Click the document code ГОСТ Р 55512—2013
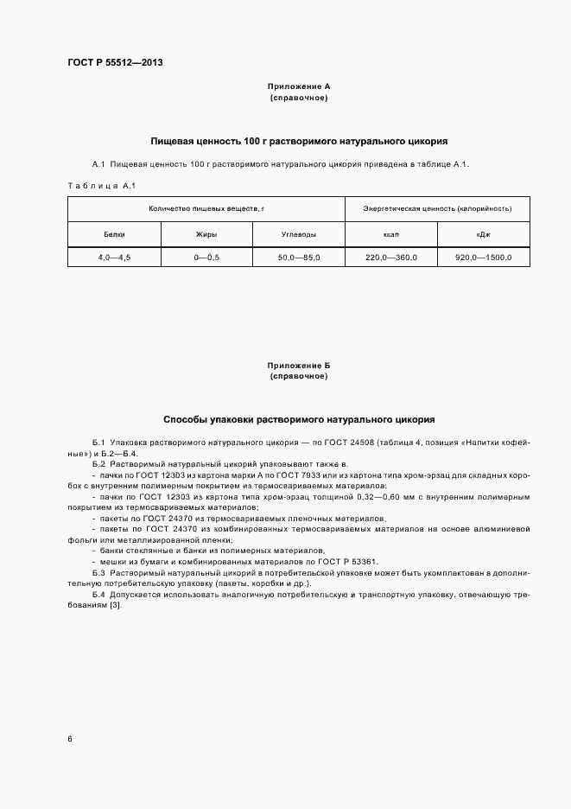pos(115,63)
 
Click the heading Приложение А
pos(299,87)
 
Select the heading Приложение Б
pos(299,366)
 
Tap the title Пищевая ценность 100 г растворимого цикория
pos(299,140)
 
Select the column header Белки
pos(114,234)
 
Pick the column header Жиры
pos(206,234)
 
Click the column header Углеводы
pos(298,234)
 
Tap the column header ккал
pos(390,234)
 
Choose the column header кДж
pos(483,234)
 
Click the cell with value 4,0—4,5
pos(114,258)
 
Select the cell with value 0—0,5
pos(206,258)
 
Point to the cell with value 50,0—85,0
pos(298,258)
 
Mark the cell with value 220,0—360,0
pos(390,258)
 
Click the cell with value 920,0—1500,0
pos(483,258)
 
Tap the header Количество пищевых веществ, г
pos(206,209)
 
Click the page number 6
pos(70,739)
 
